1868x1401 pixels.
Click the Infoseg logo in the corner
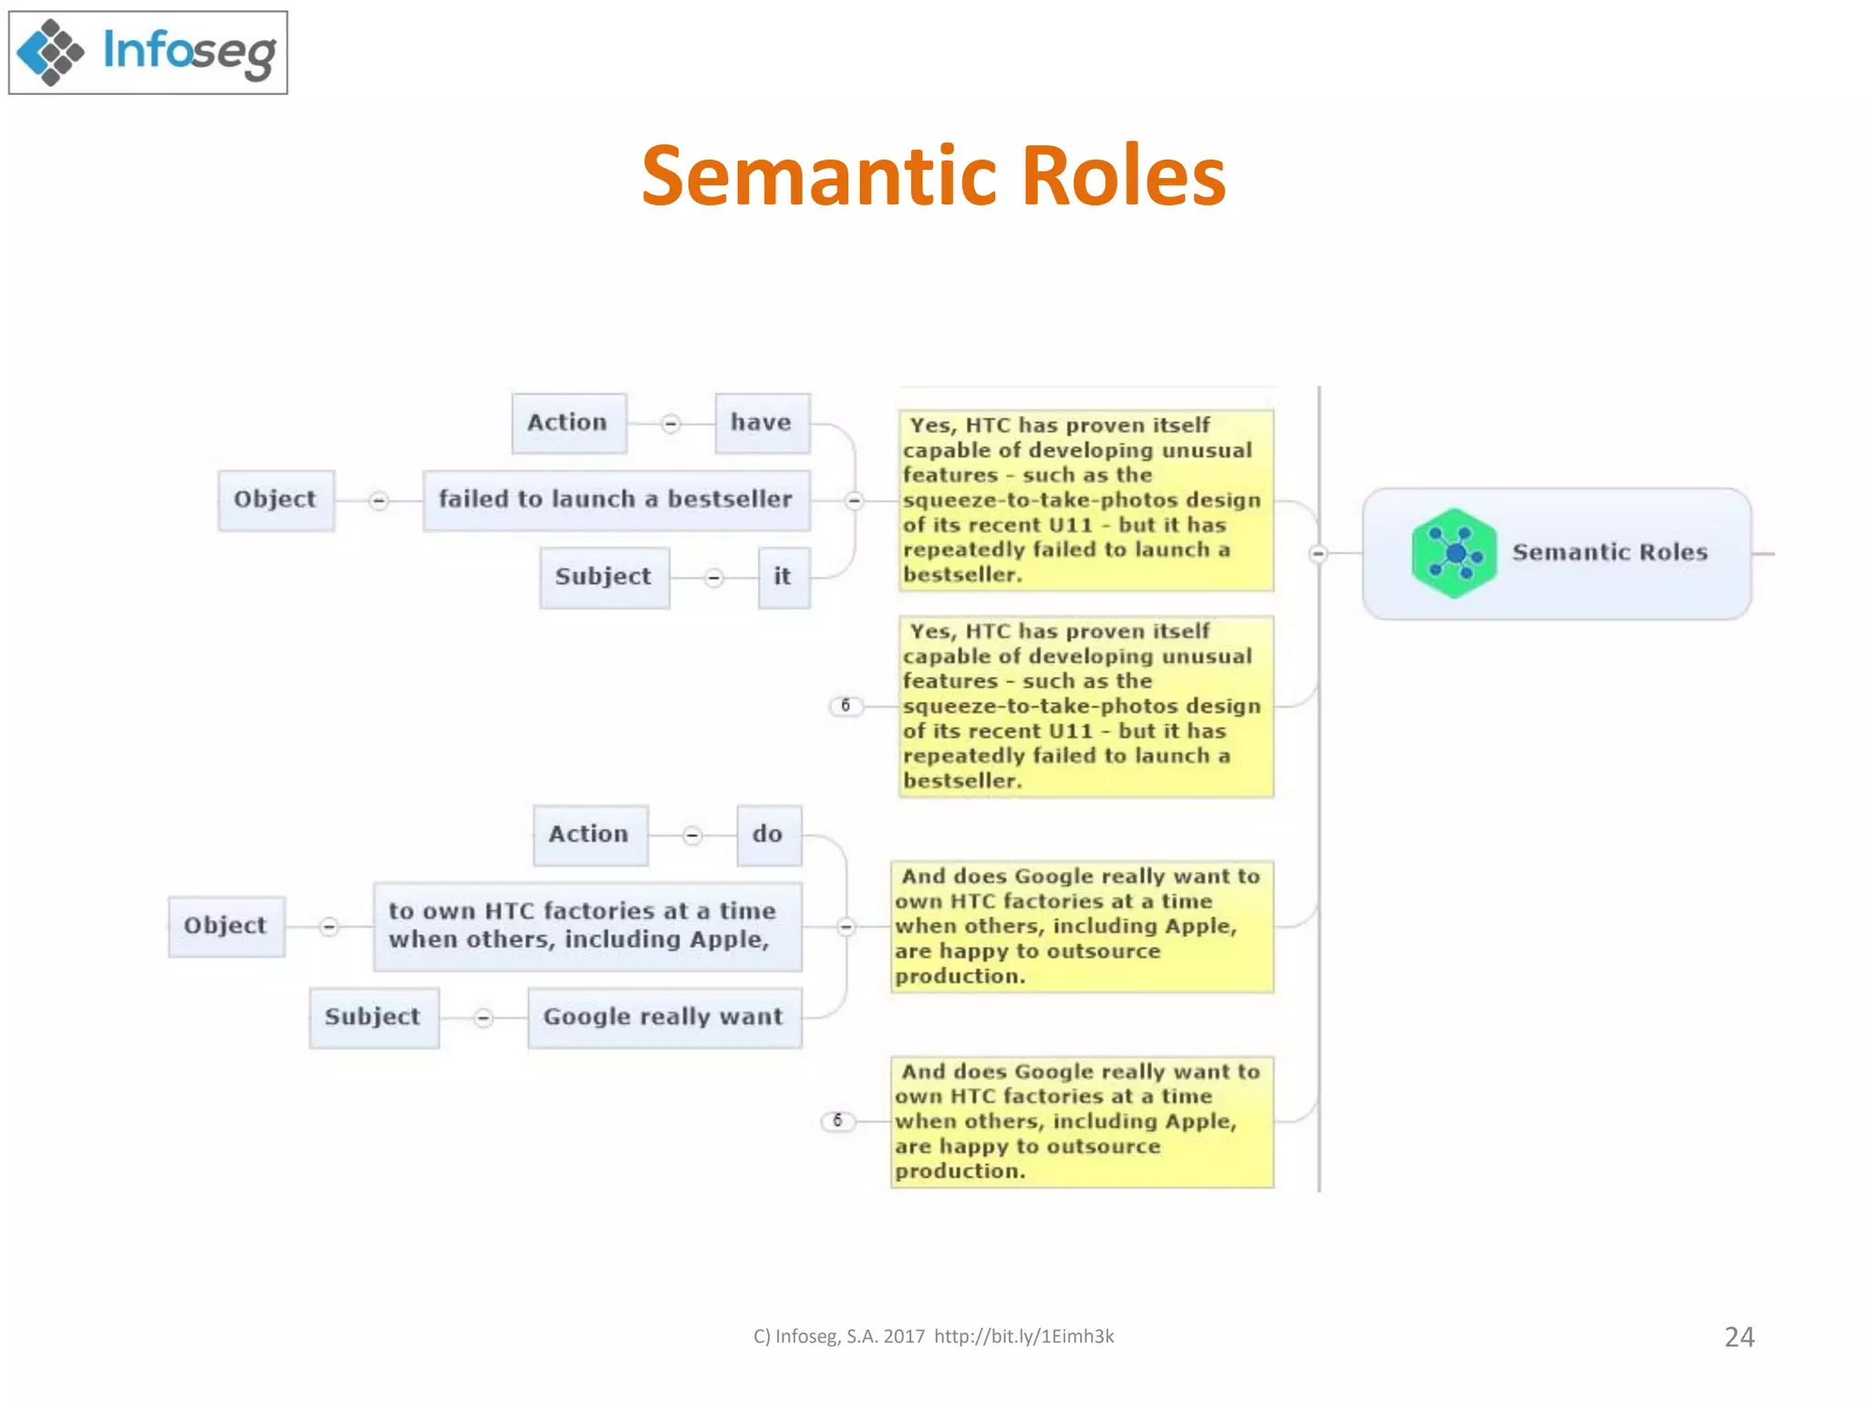pyautogui.click(x=148, y=52)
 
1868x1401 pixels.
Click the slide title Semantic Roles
pyautogui.click(x=933, y=175)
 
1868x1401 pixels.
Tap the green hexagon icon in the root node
pyautogui.click(x=1454, y=553)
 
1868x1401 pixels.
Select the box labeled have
pyautogui.click(x=762, y=423)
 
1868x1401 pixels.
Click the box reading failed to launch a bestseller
pyautogui.click(x=616, y=500)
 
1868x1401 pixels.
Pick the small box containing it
pyautogui.click(x=783, y=577)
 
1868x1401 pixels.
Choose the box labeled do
pyautogui.click(x=768, y=835)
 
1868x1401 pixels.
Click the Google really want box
pyautogui.click(x=664, y=1017)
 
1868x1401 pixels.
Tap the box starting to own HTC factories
pyautogui.click(x=586, y=926)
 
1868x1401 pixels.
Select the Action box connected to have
pyautogui.click(x=568, y=423)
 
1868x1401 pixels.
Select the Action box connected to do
pyautogui.click(x=590, y=835)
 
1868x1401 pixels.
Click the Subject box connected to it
pyautogui.click(x=604, y=577)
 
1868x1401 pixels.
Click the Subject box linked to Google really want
pyautogui.click(x=373, y=1017)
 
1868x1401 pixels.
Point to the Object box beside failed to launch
pyautogui.click(x=275, y=500)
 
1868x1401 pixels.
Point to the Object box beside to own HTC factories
pyautogui.click(x=226, y=926)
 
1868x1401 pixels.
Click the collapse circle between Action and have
pyautogui.click(x=670, y=424)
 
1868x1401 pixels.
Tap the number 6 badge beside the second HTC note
pyautogui.click(x=846, y=706)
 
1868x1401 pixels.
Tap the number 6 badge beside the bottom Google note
pyautogui.click(x=837, y=1121)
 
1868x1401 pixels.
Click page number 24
pyautogui.click(x=1738, y=1337)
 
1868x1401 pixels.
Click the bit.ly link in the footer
pyautogui.click(x=1023, y=1337)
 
